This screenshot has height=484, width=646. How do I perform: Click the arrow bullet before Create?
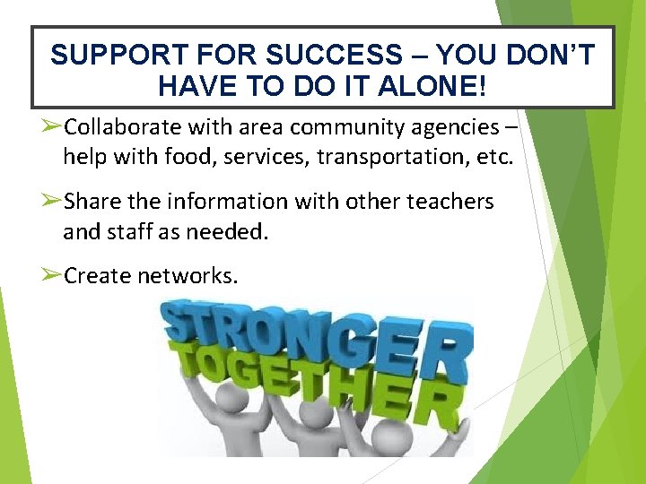52,275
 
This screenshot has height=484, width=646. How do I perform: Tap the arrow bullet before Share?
52,201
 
